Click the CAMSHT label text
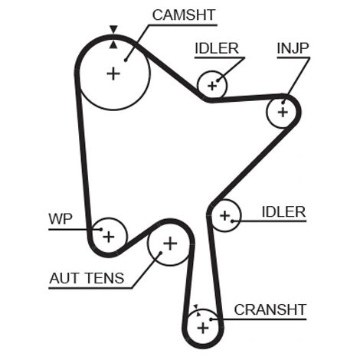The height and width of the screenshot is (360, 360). coord(184,15)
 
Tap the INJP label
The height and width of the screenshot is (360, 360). coord(293,48)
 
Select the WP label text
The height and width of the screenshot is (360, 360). coord(61,219)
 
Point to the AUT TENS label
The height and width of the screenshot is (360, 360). coord(87,278)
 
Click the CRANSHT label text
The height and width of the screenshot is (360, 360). coord(270,309)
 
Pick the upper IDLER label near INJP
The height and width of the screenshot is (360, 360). coord(217,48)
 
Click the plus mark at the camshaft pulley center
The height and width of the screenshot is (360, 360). coord(113,74)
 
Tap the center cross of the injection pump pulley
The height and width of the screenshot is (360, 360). coord(283,112)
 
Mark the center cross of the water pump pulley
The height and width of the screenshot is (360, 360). coord(109,237)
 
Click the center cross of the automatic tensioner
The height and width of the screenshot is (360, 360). coord(170,244)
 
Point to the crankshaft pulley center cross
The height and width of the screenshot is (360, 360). coord(203,328)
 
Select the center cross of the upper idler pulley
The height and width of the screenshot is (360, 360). coord(212,86)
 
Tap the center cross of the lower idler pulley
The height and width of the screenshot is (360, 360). coord(225,216)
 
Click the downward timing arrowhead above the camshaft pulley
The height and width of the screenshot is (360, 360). coord(113,29)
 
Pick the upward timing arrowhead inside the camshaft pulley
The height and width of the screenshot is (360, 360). coord(113,44)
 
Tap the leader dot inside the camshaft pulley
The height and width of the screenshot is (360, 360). coord(126,61)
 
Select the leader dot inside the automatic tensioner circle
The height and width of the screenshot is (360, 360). coord(161,253)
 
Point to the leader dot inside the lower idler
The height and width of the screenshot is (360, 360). coord(233,221)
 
